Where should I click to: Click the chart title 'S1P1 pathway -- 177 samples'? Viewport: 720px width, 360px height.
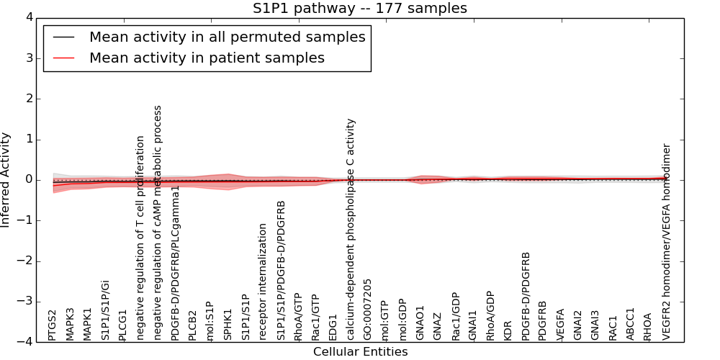coord(359,9)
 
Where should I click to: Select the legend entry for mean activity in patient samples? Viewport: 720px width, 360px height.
coord(207,58)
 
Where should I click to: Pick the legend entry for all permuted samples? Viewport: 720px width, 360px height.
coord(227,37)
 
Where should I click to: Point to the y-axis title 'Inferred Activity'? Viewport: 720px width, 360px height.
coord(6,180)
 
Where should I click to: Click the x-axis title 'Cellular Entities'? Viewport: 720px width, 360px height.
coord(360,352)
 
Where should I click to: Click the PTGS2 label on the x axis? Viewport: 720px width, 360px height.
coord(53,325)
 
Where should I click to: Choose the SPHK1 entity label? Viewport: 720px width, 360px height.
coord(228,325)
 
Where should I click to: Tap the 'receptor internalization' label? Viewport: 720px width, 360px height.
coord(263,282)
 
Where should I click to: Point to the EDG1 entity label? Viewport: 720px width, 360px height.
coord(333,327)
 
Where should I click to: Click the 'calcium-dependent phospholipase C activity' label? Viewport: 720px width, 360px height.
coord(351,229)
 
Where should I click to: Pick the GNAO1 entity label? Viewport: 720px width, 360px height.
coord(420,323)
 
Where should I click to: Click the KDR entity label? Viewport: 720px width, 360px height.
coord(508,329)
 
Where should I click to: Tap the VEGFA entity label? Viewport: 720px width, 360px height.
coord(560,325)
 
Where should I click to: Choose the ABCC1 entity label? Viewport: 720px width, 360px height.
coord(630,324)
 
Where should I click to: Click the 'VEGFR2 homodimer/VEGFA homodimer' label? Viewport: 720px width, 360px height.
coord(666,241)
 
